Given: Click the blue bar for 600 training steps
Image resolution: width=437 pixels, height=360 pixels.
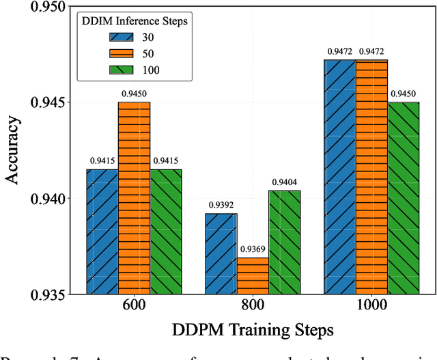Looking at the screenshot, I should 102,232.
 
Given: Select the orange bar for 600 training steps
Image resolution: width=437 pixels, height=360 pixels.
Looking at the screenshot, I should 134,198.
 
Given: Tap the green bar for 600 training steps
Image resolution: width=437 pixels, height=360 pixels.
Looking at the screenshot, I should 166,232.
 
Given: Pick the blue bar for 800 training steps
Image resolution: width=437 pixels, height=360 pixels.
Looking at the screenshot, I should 221,254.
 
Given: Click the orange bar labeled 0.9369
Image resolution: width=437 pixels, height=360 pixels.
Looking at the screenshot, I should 253,276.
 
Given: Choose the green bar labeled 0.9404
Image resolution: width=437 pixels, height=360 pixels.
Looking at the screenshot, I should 285,243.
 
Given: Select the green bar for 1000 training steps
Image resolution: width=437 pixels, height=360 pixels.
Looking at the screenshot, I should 404,198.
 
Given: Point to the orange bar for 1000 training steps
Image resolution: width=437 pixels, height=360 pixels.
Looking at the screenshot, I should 371,178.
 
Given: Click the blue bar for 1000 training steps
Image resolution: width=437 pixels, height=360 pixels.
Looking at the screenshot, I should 339,178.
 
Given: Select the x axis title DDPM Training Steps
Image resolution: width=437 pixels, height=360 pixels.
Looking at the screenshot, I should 253,331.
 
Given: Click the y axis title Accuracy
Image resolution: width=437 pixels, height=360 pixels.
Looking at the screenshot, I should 13,151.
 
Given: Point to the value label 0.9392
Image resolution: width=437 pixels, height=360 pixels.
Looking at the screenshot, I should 221,205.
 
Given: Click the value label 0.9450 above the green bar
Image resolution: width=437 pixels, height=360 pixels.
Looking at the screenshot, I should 404,94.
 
